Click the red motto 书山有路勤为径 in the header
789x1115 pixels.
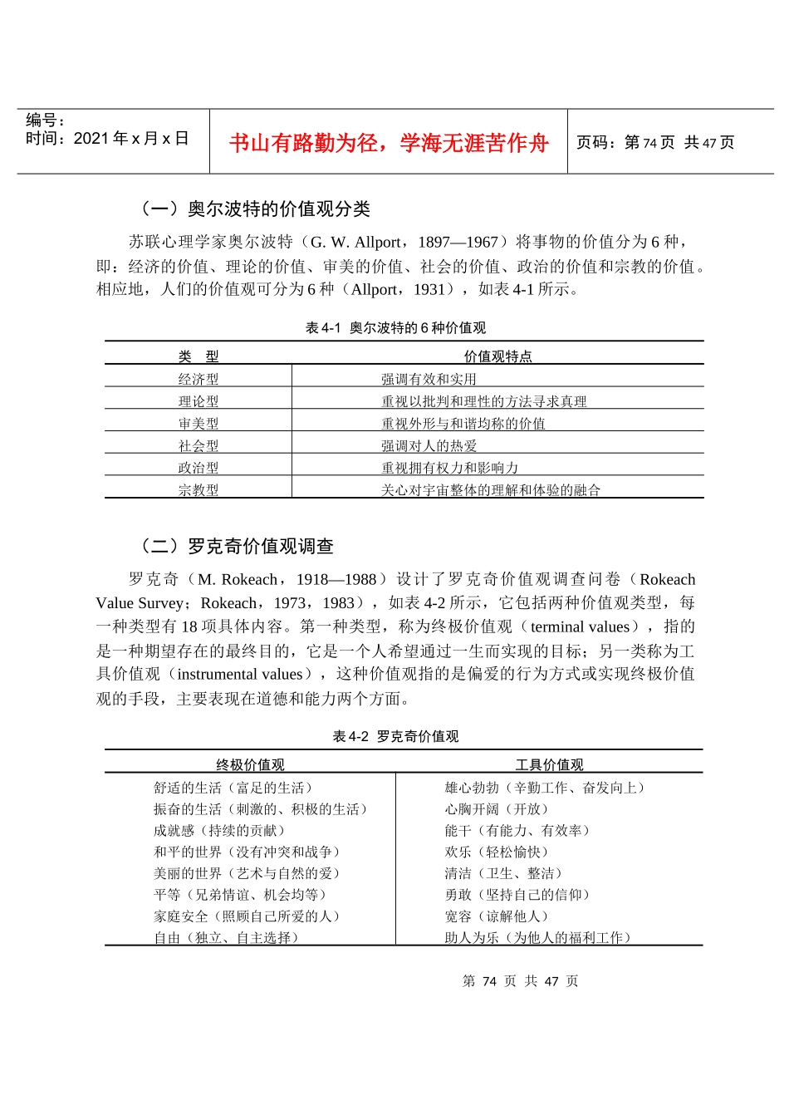coord(389,143)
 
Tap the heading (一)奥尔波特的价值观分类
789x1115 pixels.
coord(255,209)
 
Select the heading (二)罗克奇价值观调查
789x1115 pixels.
coord(237,546)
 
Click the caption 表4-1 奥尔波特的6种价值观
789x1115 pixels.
coord(395,327)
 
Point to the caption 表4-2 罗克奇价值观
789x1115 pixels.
coord(395,736)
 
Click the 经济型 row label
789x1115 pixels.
coord(198,379)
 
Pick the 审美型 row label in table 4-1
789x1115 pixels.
coord(198,424)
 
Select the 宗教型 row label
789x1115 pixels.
coord(198,490)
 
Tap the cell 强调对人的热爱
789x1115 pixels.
coord(429,446)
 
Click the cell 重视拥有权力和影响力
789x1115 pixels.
coord(449,468)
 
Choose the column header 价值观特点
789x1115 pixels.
coord(497,356)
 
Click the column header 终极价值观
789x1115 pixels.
coord(250,764)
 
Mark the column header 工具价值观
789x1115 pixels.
coord(549,764)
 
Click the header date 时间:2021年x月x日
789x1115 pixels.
coord(107,139)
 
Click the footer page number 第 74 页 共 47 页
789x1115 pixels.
coord(520,981)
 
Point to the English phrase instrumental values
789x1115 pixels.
coord(240,674)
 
